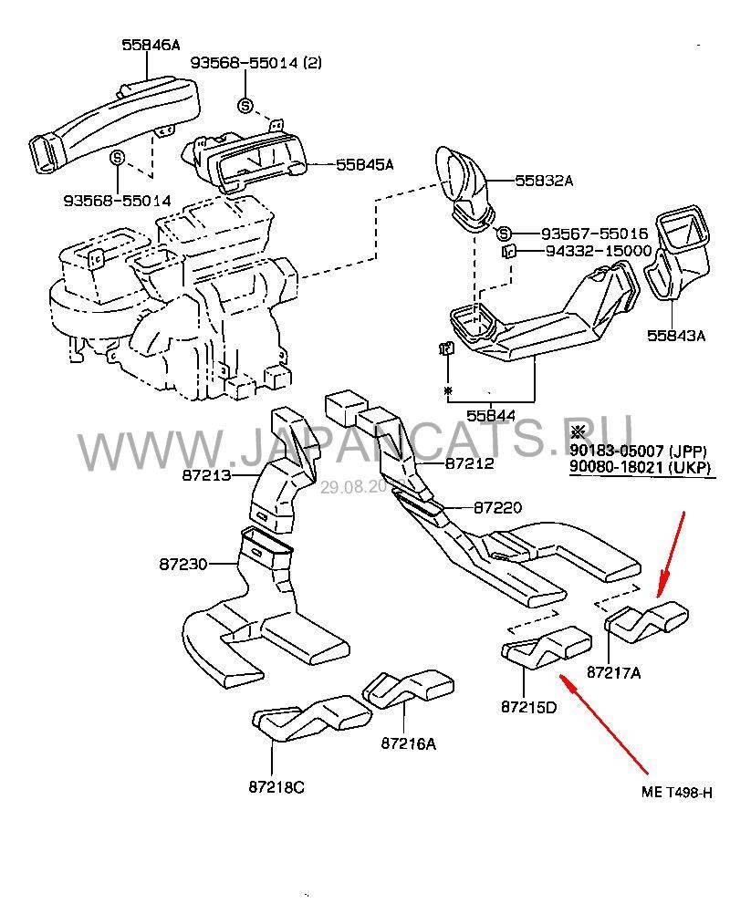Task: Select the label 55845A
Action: [364, 165]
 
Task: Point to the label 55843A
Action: [676, 335]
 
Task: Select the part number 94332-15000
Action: [599, 250]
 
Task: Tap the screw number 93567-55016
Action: [595, 233]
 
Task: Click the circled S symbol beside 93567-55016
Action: [506, 234]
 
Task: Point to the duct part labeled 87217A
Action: [649, 620]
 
